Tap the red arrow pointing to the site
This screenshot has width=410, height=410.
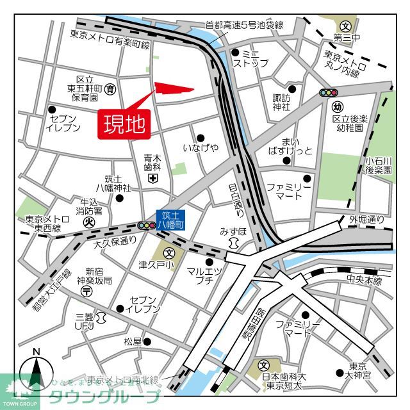173,90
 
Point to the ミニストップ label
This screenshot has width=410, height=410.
250,58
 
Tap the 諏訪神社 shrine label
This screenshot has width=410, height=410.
281,102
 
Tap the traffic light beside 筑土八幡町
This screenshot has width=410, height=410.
146,225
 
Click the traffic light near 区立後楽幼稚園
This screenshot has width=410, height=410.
329,93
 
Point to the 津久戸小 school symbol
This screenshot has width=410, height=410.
168,252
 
